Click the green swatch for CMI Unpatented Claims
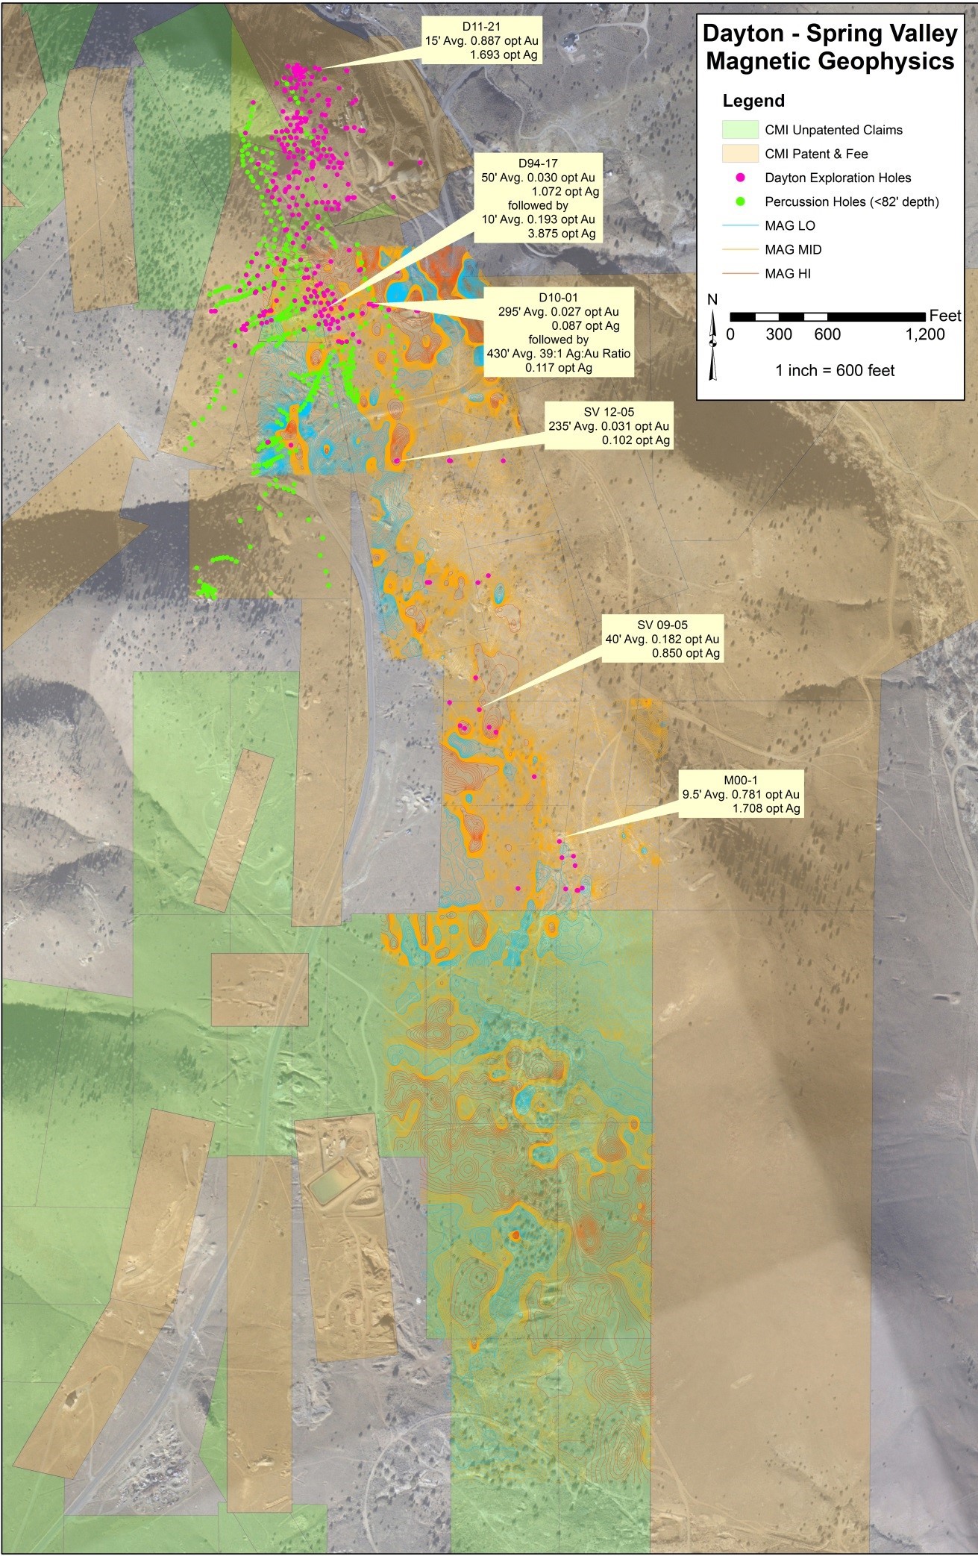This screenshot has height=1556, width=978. [x=740, y=130]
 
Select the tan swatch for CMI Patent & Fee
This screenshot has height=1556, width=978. [x=740, y=154]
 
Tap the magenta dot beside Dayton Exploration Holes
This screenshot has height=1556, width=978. [x=740, y=178]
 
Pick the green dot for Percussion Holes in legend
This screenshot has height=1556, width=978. [x=740, y=201]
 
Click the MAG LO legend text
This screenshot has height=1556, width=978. [x=789, y=225]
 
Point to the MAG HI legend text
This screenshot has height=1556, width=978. [x=788, y=273]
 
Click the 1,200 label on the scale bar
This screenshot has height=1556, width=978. [x=924, y=334]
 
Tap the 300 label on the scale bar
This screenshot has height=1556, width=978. [x=778, y=334]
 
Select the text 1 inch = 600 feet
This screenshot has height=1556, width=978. [x=835, y=370]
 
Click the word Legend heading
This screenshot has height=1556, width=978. [x=753, y=101]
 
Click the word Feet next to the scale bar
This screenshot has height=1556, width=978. [x=944, y=316]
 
